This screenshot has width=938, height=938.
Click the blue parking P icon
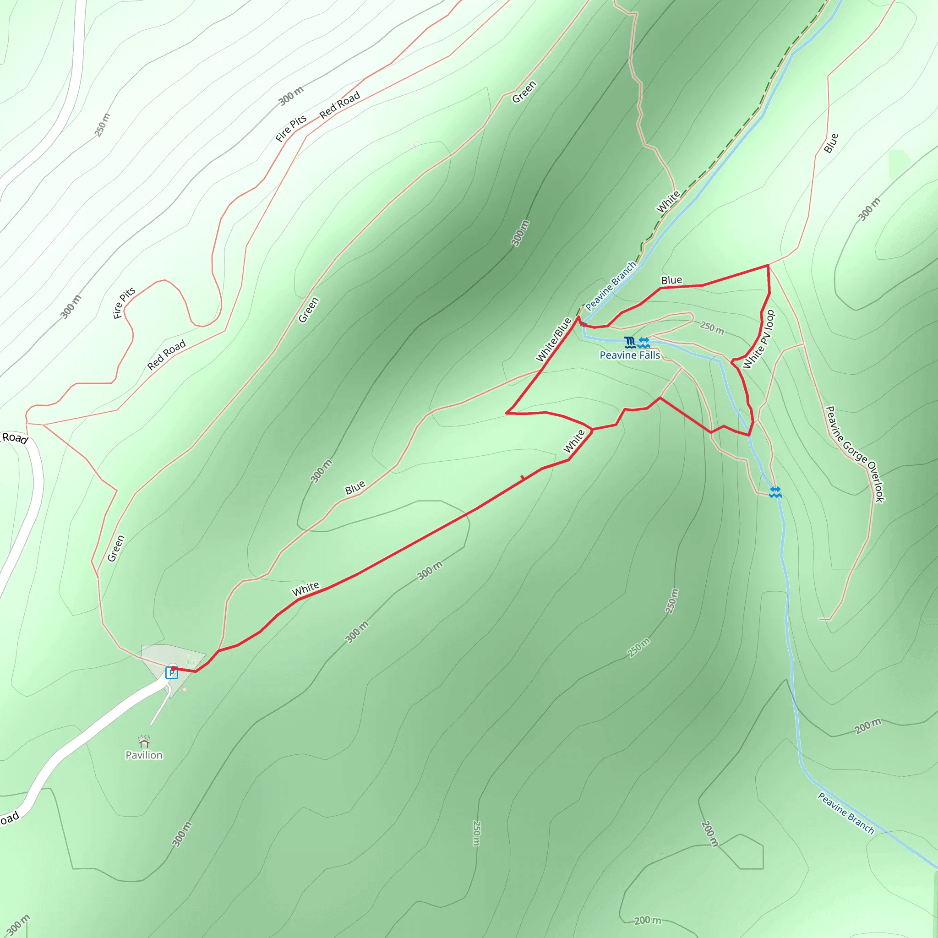pos(171,673)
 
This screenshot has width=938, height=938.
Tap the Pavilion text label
pos(144,755)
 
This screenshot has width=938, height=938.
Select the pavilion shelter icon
pos(144,742)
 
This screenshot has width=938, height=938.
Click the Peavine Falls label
pos(630,355)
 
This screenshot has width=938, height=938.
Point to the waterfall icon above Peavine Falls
pos(630,343)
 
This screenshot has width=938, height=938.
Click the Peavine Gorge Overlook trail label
pos(855,454)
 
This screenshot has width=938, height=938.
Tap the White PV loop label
pos(758,339)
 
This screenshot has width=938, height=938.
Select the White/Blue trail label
pos(553,340)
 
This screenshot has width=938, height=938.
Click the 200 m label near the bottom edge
pos(647,921)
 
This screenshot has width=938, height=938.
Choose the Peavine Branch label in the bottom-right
pos(846,813)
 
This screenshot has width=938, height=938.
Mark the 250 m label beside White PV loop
pos(712,328)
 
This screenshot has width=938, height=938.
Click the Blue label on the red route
pos(671,280)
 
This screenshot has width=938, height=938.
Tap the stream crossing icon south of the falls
pos(775,492)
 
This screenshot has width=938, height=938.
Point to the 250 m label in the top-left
pos(103,125)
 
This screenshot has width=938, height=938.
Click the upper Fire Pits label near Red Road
pos(291,128)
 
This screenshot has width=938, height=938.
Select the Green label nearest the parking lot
pos(115,549)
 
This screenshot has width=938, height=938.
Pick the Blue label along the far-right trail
pos(831,143)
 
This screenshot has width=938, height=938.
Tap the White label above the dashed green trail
pos(668,202)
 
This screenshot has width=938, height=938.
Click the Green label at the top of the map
pos(524,92)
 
